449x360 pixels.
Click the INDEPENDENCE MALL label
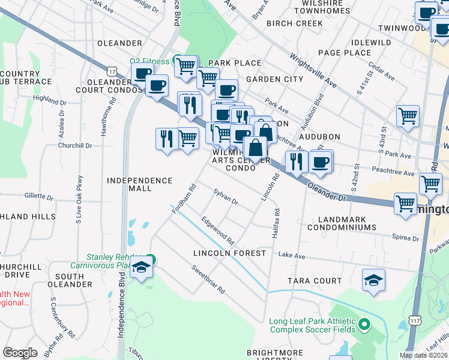pyautogui.click(x=139, y=184)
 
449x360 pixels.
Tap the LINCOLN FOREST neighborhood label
pyautogui.click(x=229, y=253)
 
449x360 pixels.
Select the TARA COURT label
pyautogui.click(x=314, y=281)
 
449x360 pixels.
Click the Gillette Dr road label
pyautogui.click(x=40, y=196)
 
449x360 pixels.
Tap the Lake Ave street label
pyautogui.click(x=292, y=256)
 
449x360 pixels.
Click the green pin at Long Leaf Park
pyautogui.click(x=364, y=325)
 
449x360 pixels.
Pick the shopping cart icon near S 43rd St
pyautogui.click(x=408, y=116)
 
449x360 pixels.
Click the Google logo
pyautogui.click(x=20, y=353)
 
